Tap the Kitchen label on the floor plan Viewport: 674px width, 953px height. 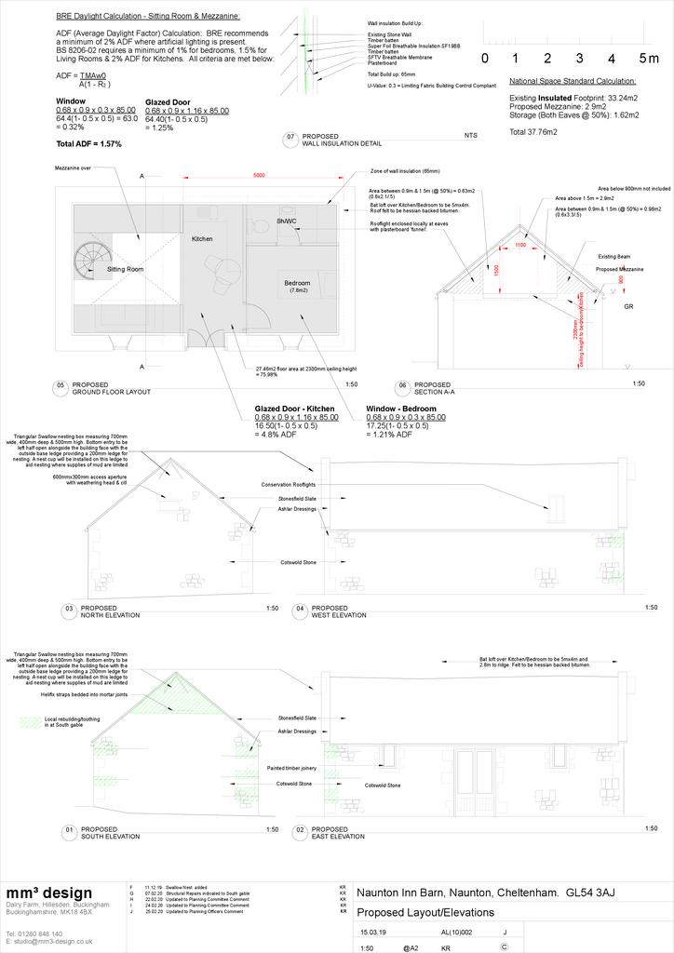(202, 239)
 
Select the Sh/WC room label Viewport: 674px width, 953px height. (286, 221)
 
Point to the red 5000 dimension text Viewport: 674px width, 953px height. (259, 176)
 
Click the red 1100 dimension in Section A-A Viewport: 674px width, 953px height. (520, 246)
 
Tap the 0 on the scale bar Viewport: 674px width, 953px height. (485, 59)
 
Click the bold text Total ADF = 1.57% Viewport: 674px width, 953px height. (89, 144)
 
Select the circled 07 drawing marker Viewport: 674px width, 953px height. (290, 139)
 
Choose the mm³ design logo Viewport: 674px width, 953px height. (49, 893)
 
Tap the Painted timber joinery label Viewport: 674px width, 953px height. (290, 768)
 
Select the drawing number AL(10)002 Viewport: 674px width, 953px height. (456, 931)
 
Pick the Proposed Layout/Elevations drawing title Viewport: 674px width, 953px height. (425, 912)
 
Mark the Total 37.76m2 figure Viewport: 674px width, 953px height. (533, 133)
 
